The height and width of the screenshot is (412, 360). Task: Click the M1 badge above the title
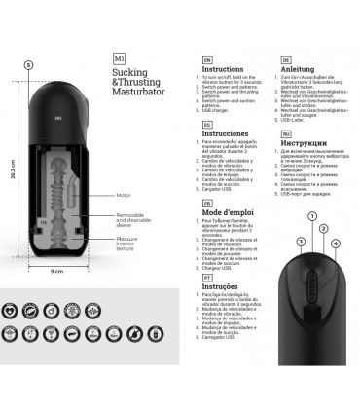tap(120, 57)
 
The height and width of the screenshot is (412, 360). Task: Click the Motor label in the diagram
tap(123, 195)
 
